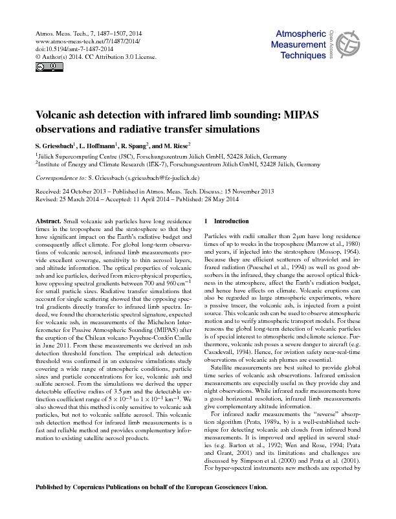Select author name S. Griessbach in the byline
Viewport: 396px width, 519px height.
pyautogui.click(x=55, y=146)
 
